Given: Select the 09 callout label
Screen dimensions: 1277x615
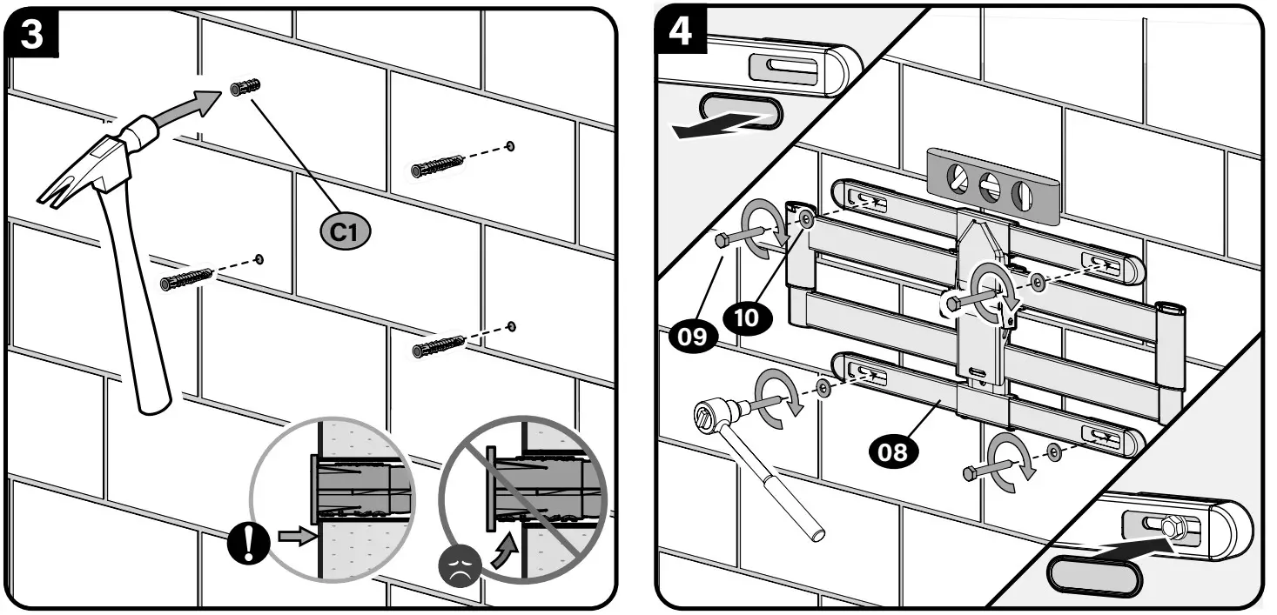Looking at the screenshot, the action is (692, 335).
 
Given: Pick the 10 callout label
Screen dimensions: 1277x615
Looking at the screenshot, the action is (747, 317).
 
